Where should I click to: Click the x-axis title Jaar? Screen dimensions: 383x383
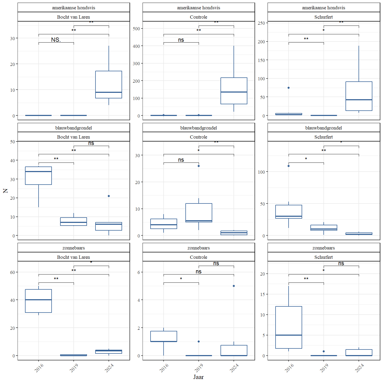(x=198, y=377)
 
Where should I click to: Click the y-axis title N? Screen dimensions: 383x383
(x=5, y=191)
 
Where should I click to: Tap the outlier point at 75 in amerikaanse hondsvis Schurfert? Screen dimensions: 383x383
(x=289, y=88)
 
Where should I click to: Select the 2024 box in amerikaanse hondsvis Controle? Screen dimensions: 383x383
(x=234, y=91)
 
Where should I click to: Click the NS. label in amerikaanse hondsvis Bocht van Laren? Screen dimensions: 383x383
(x=56, y=40)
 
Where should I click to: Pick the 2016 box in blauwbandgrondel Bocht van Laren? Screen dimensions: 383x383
(x=39, y=176)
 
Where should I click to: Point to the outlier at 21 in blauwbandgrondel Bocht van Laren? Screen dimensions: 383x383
(x=109, y=196)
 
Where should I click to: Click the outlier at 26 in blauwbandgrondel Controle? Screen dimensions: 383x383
(x=199, y=166)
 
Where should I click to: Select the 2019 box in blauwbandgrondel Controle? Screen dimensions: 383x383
(x=199, y=213)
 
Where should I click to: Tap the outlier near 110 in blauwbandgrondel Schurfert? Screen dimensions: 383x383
(x=289, y=166)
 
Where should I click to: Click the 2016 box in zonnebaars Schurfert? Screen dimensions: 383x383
(x=289, y=327)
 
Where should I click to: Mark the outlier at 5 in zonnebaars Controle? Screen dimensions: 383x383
(x=234, y=286)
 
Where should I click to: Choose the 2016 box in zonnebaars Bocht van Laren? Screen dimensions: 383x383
(x=39, y=301)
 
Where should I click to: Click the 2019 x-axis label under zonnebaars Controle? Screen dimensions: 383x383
(x=199, y=368)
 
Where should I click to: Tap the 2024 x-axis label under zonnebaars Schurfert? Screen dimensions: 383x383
(x=359, y=368)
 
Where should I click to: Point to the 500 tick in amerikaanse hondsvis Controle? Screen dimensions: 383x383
(x=136, y=29)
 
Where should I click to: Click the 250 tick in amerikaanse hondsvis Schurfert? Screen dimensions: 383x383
(x=261, y=23)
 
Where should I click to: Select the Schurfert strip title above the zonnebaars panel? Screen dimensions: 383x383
(x=323, y=257)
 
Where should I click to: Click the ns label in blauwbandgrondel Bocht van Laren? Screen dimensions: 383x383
(x=91, y=143)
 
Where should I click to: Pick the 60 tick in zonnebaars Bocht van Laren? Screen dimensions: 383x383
(x=13, y=272)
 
